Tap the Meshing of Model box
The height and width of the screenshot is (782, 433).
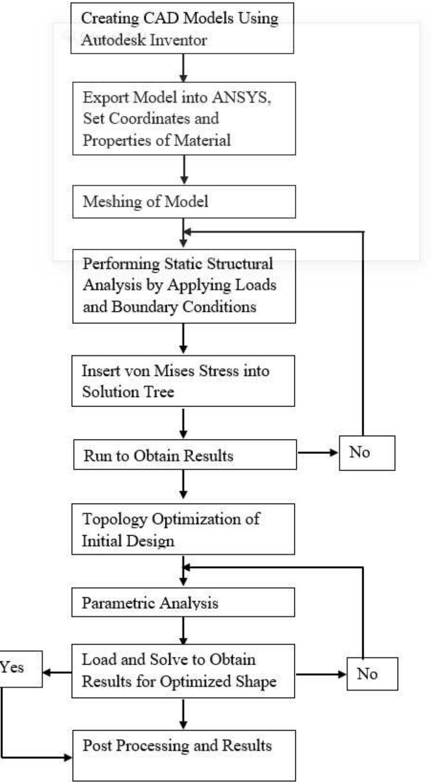pyautogui.click(x=184, y=201)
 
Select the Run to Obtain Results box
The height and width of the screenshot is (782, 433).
pyautogui.click(x=184, y=455)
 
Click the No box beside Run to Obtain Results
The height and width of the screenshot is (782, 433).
pyautogui.click(x=367, y=453)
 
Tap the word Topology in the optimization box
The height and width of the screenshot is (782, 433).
pyautogui.click(x=114, y=519)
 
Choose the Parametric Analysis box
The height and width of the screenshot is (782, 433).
pyautogui.click(x=183, y=603)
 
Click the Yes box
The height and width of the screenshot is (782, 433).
pyautogui.click(x=19, y=668)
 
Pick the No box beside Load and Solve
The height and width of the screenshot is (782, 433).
pyautogui.click(x=372, y=674)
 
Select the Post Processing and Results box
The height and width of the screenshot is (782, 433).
pyautogui.click(x=184, y=755)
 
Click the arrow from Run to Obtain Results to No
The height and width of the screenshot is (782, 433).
pyautogui.click(x=318, y=453)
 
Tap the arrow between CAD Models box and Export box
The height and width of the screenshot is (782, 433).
pyautogui.click(x=183, y=67)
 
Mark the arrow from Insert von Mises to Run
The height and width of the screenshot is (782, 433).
pyautogui.click(x=183, y=423)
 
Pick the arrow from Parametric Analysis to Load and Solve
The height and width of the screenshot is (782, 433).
pyautogui.click(x=183, y=630)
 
